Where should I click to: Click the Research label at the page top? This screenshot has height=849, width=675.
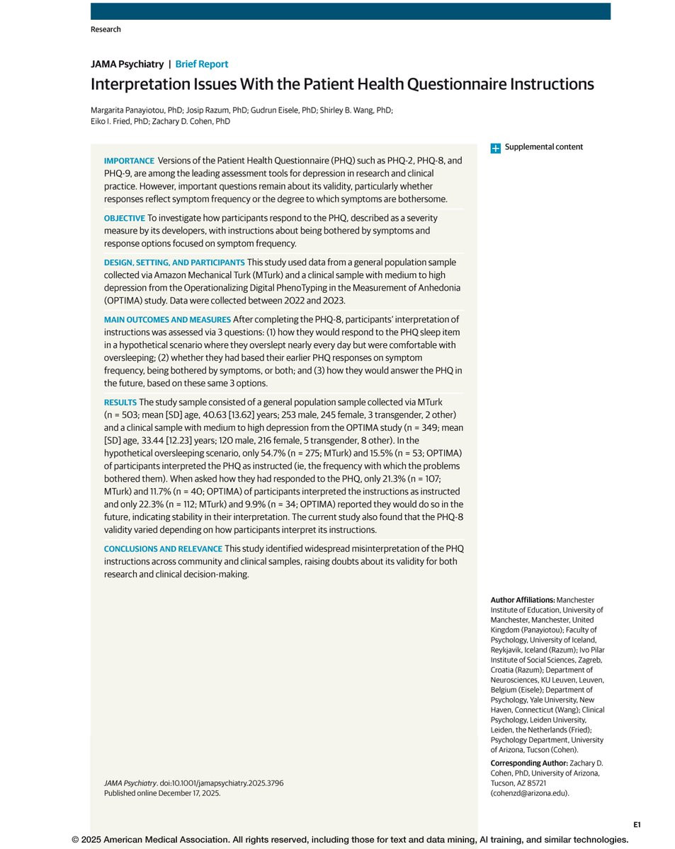tap(106, 29)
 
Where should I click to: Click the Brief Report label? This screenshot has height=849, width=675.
tap(202, 64)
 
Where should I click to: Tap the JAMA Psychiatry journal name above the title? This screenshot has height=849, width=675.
tap(127, 64)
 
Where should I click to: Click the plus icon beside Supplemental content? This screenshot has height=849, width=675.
tap(496, 148)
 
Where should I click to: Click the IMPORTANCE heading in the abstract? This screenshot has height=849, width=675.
tap(129, 161)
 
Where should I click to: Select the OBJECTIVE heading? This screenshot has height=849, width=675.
tap(124, 218)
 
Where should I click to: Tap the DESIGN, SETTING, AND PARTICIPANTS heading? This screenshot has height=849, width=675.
tap(174, 262)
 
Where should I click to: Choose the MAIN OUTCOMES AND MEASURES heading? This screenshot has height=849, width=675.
tap(167, 320)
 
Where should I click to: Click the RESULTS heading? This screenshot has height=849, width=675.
tap(120, 403)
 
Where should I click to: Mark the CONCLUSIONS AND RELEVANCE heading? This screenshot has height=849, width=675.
tap(163, 549)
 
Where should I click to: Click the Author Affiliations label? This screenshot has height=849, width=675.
tap(523, 600)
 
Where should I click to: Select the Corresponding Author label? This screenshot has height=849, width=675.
tap(528, 763)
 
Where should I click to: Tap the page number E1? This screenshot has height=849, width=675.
tap(637, 824)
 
